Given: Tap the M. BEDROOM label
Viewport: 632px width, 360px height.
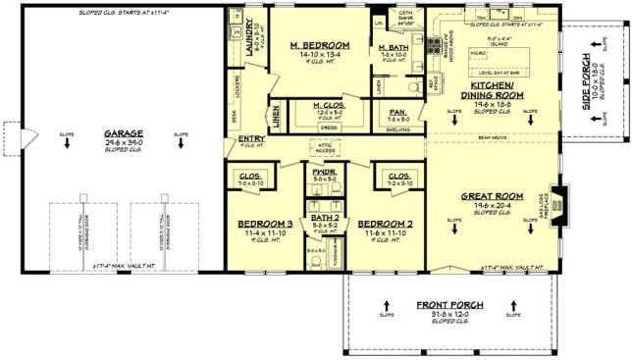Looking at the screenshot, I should pyautogui.click(x=320, y=45).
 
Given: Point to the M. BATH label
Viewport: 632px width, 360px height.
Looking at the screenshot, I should pyautogui.click(x=394, y=47).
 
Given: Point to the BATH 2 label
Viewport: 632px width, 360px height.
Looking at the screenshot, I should pyautogui.click(x=323, y=218).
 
